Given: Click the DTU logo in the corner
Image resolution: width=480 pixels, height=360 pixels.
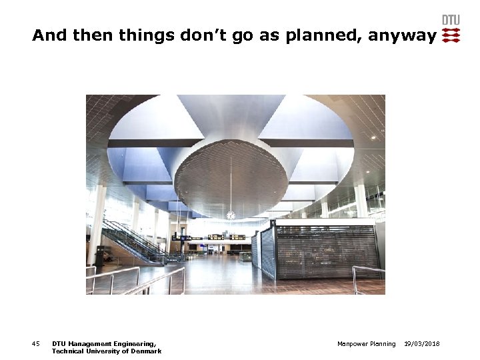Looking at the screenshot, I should [451, 30].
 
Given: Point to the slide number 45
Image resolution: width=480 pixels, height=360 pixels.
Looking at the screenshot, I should [36, 344].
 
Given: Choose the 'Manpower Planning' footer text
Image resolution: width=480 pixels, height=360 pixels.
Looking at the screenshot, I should [366, 344].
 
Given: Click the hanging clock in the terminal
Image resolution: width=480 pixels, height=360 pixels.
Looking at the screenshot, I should [231, 215].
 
